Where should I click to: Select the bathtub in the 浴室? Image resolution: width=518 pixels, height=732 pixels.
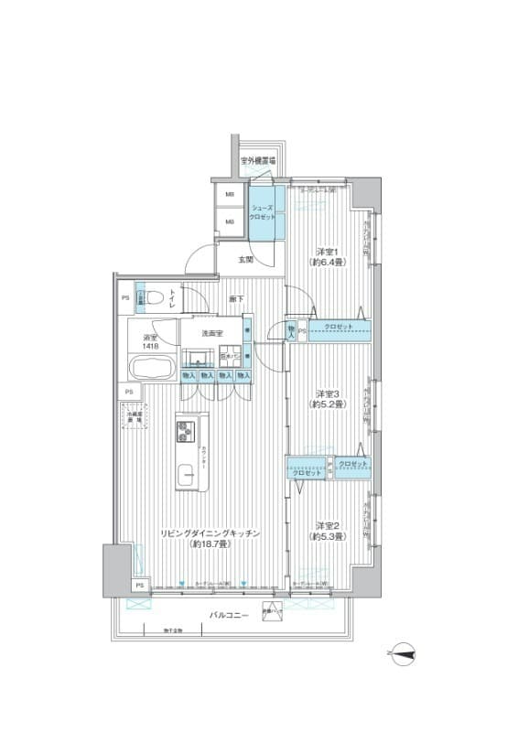(x=153, y=371)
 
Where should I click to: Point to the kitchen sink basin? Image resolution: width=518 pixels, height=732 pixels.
(x=187, y=474)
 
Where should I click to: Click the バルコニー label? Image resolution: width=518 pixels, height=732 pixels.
(x=228, y=616)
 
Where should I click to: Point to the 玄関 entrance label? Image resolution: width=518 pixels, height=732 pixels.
(x=246, y=261)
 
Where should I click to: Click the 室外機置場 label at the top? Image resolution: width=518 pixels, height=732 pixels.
(x=258, y=161)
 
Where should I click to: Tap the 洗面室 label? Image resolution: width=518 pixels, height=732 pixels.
(x=213, y=333)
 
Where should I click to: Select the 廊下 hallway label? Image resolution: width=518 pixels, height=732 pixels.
(x=236, y=299)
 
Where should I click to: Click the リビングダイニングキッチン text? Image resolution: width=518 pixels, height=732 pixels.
(x=211, y=533)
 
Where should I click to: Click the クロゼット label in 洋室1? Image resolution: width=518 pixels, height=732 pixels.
(x=339, y=327)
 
